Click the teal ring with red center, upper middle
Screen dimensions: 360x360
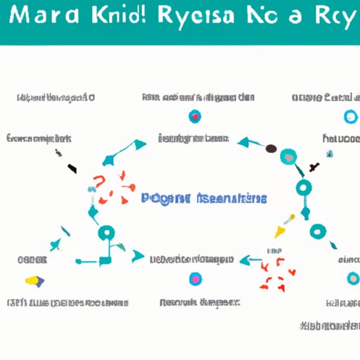pos(195,116)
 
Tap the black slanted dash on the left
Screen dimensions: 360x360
pos(72,168)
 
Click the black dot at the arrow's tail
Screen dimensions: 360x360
pos(271,149)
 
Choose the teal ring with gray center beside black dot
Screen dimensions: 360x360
pos(288,156)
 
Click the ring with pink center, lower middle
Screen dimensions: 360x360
pos(195,280)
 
